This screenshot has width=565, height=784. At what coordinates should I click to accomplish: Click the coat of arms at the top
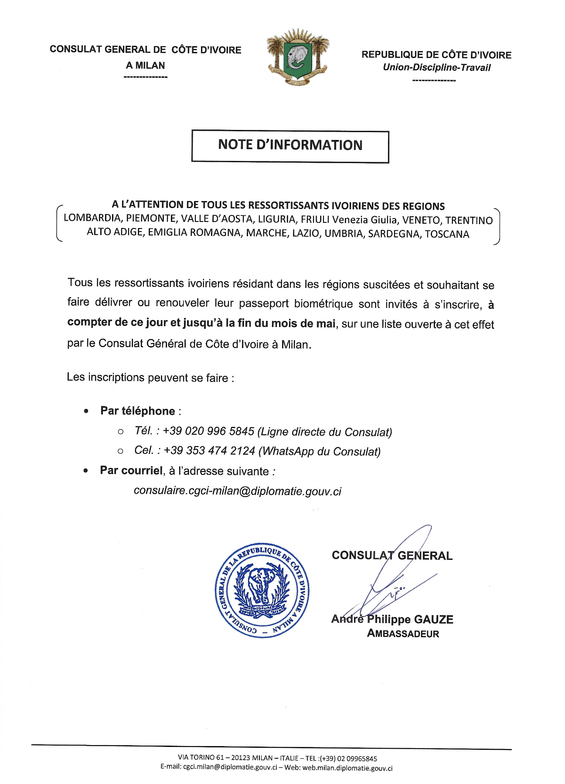coord(298,57)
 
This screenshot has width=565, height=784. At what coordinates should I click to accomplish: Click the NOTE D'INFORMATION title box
coord(290,146)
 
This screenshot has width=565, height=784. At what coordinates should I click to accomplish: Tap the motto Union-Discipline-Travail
coord(436,68)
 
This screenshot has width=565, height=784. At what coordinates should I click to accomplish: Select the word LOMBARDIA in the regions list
coord(92,218)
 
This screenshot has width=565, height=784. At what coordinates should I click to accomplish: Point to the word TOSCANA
coord(447,234)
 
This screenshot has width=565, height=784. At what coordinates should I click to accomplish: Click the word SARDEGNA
coord(394,234)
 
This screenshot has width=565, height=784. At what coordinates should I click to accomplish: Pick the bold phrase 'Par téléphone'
coord(137,411)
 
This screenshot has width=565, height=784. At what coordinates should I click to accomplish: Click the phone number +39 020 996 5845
coord(208,431)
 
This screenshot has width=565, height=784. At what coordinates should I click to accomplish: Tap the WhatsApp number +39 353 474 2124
coord(209,451)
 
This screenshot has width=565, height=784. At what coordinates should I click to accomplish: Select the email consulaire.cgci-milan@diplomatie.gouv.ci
coord(237,491)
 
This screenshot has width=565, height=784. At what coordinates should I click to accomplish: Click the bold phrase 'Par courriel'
coord(131,470)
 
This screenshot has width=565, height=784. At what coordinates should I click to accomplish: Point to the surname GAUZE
coord(433,620)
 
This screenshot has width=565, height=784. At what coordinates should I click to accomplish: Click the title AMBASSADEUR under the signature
coord(403,634)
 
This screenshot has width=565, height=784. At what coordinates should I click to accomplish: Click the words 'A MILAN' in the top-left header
coord(145,65)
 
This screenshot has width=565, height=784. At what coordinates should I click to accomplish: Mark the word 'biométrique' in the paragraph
coord(323,303)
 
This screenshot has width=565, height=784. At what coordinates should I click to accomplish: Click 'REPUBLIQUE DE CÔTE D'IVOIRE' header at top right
coord(436,55)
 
